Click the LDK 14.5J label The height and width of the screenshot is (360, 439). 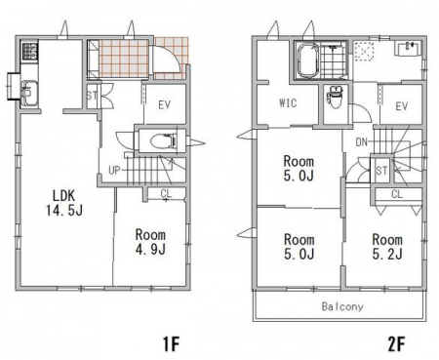(64, 203)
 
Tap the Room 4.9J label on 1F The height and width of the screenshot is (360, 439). (150, 242)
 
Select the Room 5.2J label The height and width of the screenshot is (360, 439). (387, 247)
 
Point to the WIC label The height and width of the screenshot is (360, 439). (288, 103)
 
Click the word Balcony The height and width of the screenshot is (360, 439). (342, 306)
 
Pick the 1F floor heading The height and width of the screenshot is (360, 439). (171, 344)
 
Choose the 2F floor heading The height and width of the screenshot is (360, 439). (396, 344)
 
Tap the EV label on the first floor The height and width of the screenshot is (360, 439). (165, 105)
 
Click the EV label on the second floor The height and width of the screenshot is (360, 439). (402, 106)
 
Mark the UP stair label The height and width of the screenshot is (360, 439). (114, 170)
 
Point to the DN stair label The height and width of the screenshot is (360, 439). (361, 142)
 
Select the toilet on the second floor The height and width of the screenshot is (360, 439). (335, 97)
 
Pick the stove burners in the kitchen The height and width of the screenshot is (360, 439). (29, 52)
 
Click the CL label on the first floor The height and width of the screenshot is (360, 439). (166, 194)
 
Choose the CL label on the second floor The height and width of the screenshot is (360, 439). (397, 194)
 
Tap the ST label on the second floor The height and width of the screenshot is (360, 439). (381, 171)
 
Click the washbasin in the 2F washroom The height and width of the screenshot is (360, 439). (409, 49)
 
